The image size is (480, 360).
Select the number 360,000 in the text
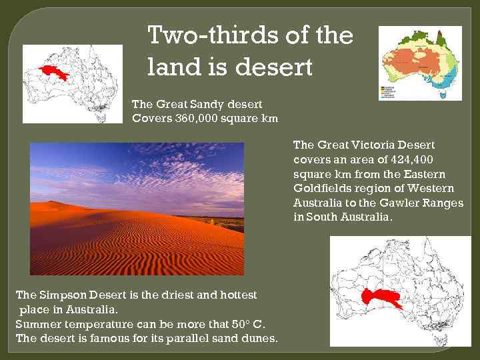pyautogui.click(x=197, y=119)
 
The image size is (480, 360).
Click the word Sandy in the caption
pyautogui.click(x=204, y=104)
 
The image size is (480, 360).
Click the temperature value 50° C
pyautogui.click(x=249, y=324)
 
